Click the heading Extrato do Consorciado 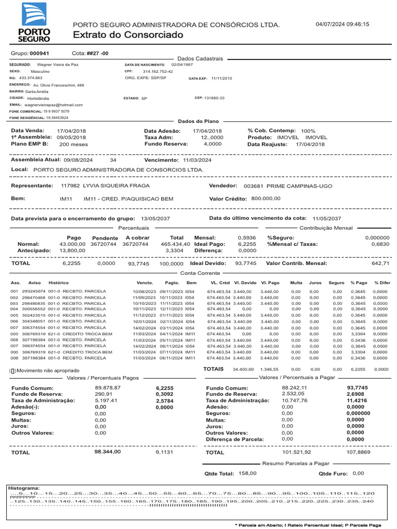128,35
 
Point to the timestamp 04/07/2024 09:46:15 342,24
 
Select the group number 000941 40,54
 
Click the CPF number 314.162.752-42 158,71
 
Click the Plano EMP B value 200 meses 74,145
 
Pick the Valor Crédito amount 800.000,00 266,198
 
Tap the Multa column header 296,283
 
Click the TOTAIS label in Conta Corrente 213,369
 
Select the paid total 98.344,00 108,452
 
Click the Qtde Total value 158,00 247,473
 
